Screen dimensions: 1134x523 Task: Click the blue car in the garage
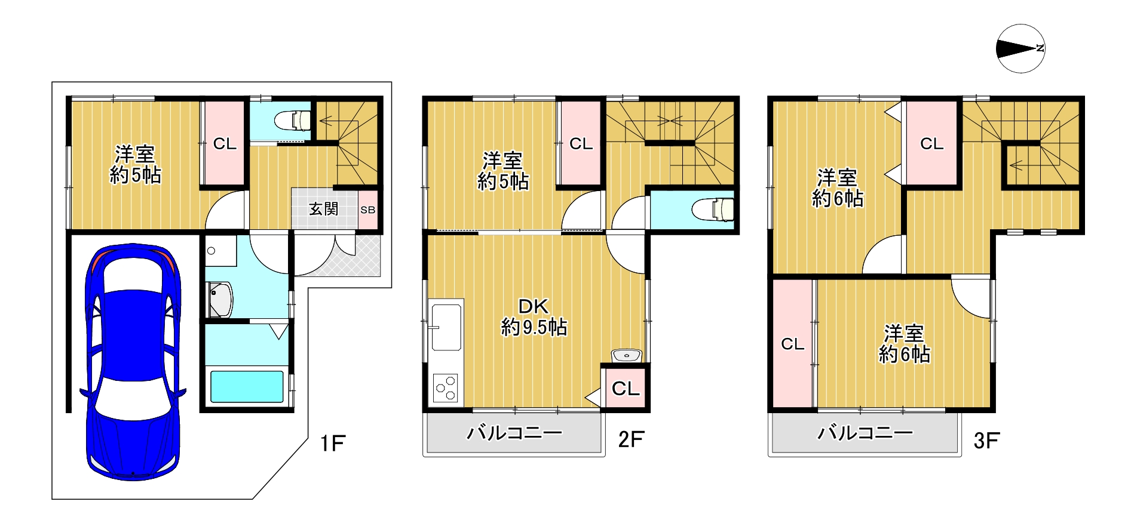click(x=133, y=361)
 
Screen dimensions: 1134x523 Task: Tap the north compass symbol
click(x=1020, y=48)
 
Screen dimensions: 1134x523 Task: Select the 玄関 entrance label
click(x=323, y=209)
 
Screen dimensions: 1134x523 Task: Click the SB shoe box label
click(x=367, y=210)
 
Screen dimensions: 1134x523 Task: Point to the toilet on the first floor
click(x=293, y=120)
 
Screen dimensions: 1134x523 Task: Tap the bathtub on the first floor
click(x=247, y=387)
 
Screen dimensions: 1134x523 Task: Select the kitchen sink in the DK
click(x=446, y=327)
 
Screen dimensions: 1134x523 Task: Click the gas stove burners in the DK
click(x=446, y=387)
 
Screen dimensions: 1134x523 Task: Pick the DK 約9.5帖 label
click(x=534, y=317)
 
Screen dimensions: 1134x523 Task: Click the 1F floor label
click(x=332, y=444)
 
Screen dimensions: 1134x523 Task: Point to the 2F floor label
click(x=631, y=439)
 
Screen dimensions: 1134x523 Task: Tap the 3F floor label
click(x=986, y=441)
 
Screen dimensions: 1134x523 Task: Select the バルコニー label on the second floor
click(x=514, y=432)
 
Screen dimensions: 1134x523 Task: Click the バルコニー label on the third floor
click(x=865, y=432)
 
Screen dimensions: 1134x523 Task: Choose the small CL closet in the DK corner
click(x=626, y=389)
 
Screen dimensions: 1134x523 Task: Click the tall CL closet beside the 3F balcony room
click(x=793, y=344)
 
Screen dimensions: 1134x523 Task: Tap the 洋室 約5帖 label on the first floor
click(x=136, y=165)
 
